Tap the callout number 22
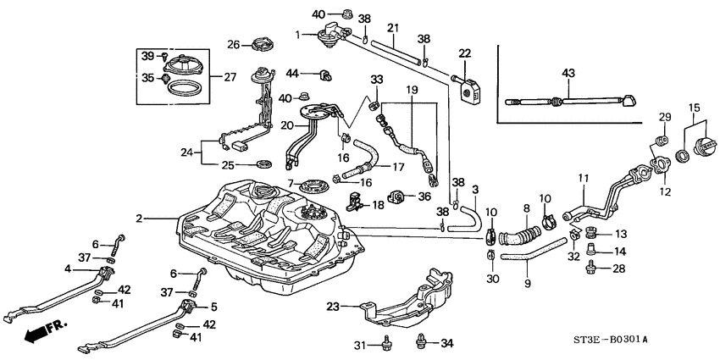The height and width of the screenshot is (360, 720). click(464, 54)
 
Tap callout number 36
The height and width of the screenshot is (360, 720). click(424, 196)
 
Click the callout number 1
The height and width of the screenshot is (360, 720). click(298, 35)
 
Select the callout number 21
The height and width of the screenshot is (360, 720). click(392, 29)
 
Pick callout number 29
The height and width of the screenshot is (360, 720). click(664, 116)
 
